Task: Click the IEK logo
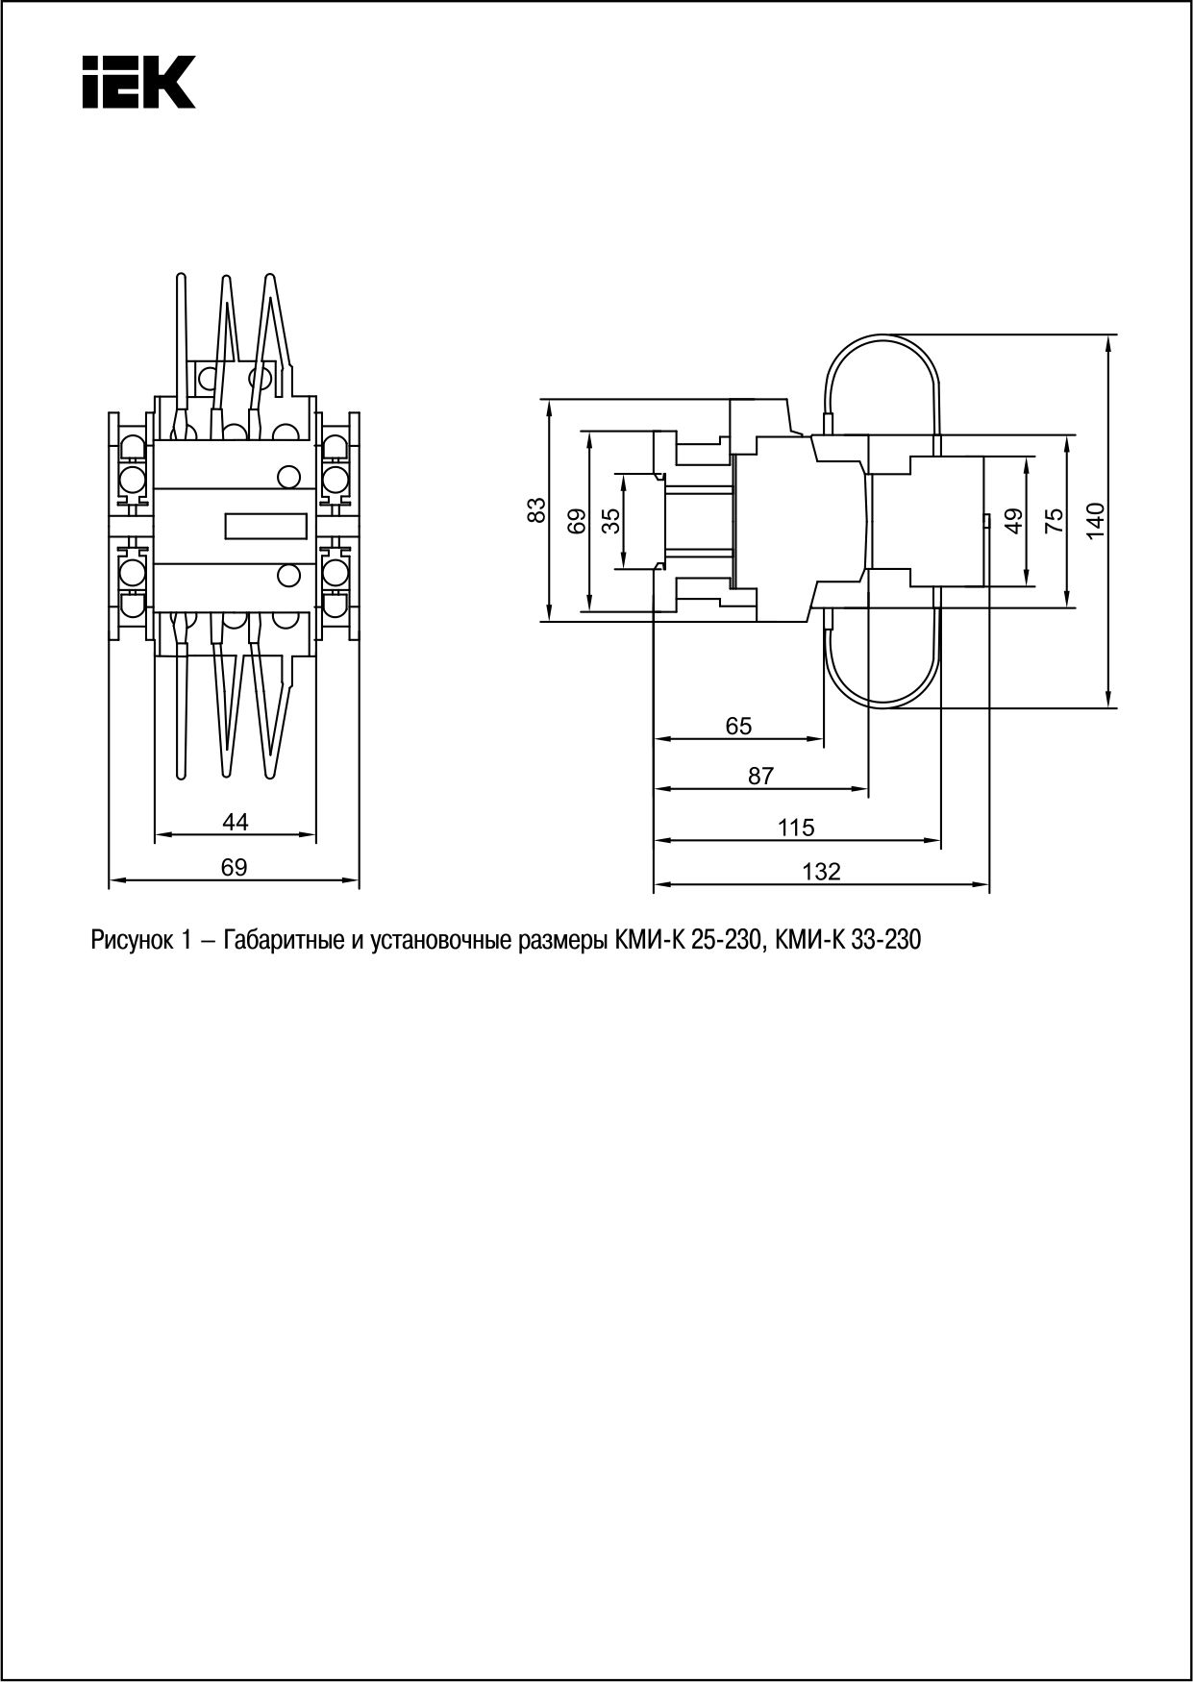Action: coord(138,82)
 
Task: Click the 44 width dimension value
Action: coord(235,822)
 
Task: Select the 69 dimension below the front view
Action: coord(234,867)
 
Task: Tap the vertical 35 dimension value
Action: coord(610,520)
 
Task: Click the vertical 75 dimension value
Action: coord(1054,520)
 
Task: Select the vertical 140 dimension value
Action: coord(1096,520)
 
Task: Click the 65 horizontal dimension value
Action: coord(738,727)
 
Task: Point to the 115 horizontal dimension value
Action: coord(796,827)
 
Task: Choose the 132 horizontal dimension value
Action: coord(822,872)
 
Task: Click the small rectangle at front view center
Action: coord(266,526)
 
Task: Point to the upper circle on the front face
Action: coord(287,476)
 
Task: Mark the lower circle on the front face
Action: coord(287,576)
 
